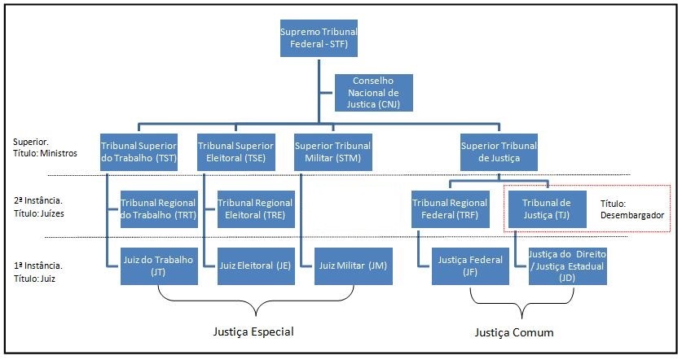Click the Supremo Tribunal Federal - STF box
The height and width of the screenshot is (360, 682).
[319, 37]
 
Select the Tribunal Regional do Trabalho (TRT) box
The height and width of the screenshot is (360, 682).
[158, 209]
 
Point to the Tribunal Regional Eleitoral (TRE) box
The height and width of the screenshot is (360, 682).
[255, 209]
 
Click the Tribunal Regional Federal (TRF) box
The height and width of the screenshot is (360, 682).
[449, 209]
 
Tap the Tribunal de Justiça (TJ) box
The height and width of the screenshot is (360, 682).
[547, 209]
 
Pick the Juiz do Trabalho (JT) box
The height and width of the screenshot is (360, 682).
[158, 266]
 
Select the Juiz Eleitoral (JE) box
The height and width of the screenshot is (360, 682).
[255, 266]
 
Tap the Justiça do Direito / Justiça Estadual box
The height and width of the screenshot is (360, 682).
[567, 266]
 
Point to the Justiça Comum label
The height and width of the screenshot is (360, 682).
[514, 332]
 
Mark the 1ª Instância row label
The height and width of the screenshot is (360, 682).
[39, 271]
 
